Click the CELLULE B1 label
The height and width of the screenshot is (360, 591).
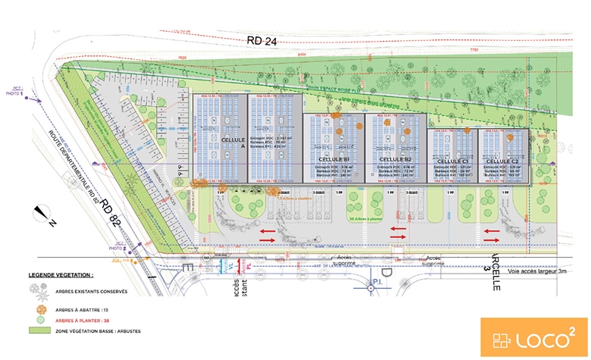pos(333,160)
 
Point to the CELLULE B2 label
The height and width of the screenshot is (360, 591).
pos(395,160)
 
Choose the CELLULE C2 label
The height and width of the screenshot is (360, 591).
pos(502,161)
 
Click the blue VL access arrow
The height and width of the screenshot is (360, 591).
pos(221,266)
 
